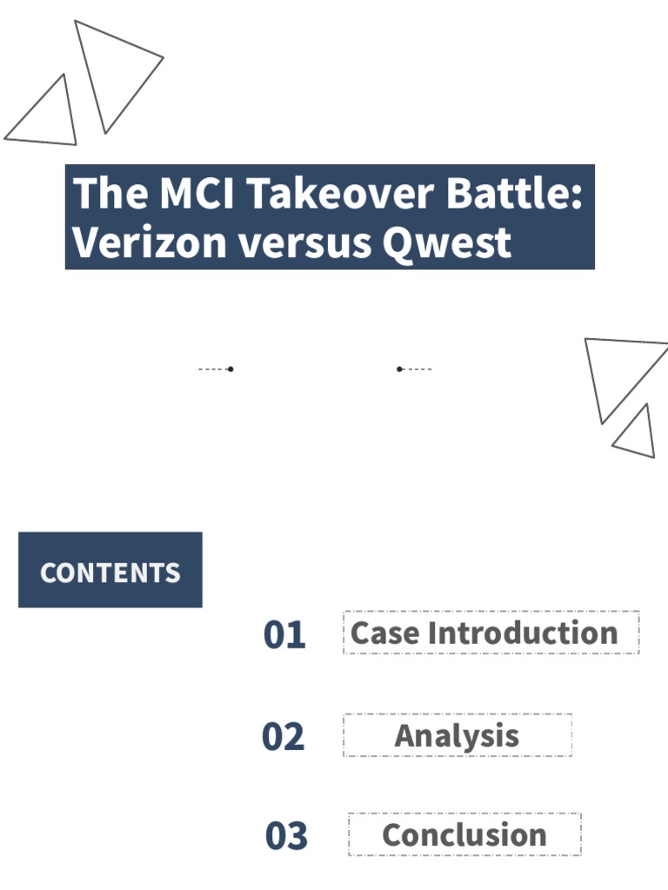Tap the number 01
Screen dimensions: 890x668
point(284,635)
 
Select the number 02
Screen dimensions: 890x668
point(284,737)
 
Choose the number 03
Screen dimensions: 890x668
point(286,836)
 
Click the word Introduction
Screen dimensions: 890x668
point(524,633)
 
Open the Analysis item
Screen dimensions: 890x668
point(457,736)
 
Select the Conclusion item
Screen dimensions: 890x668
point(464,835)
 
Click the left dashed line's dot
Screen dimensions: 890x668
point(230,369)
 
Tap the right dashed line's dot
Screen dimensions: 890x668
point(399,369)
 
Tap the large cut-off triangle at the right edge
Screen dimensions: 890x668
point(619,370)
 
